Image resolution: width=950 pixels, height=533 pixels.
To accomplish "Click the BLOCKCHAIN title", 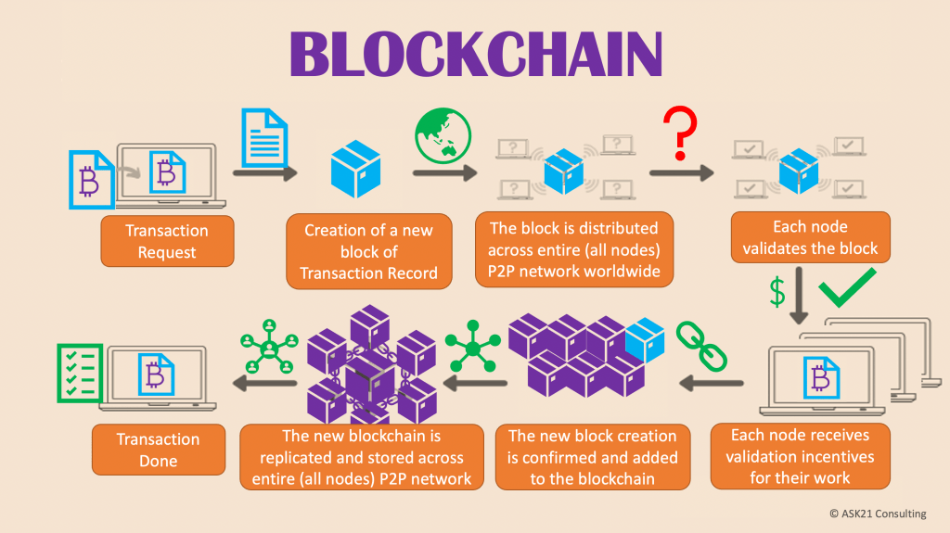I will [476, 54].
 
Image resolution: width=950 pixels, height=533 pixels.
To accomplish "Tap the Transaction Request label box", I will [167, 241].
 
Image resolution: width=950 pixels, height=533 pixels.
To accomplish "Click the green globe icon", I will [439, 135].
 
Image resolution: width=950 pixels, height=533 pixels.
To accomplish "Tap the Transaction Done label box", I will [158, 450].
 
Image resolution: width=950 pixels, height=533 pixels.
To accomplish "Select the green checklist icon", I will [80, 374].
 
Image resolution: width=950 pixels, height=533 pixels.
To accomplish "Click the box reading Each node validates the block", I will [811, 237].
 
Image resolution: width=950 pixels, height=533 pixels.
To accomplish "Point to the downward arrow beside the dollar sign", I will [802, 298].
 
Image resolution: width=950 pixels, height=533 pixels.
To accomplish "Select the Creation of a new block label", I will [369, 251].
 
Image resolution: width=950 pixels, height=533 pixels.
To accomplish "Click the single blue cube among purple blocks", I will [645, 340].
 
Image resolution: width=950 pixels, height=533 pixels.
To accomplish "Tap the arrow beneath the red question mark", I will [682, 172].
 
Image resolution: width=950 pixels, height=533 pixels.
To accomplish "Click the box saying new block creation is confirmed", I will [591, 456].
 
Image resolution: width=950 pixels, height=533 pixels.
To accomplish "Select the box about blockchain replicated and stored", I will [362, 456].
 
